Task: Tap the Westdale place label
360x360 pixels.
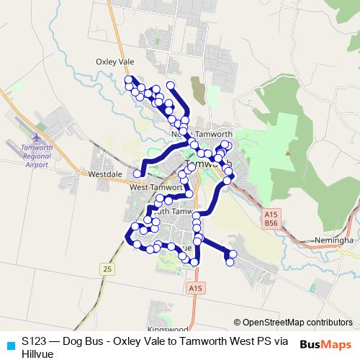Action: (x=104, y=174)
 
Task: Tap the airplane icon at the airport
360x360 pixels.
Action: (x=37, y=136)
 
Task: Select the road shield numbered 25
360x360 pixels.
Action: (x=108, y=269)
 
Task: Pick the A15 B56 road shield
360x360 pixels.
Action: (x=271, y=220)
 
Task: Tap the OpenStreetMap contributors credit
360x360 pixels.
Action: (x=294, y=323)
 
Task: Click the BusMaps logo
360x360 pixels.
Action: (x=325, y=343)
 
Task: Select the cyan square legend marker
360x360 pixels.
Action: (x=9, y=343)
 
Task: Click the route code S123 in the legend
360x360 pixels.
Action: (x=35, y=341)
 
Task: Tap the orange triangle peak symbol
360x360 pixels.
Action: (x=287, y=153)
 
